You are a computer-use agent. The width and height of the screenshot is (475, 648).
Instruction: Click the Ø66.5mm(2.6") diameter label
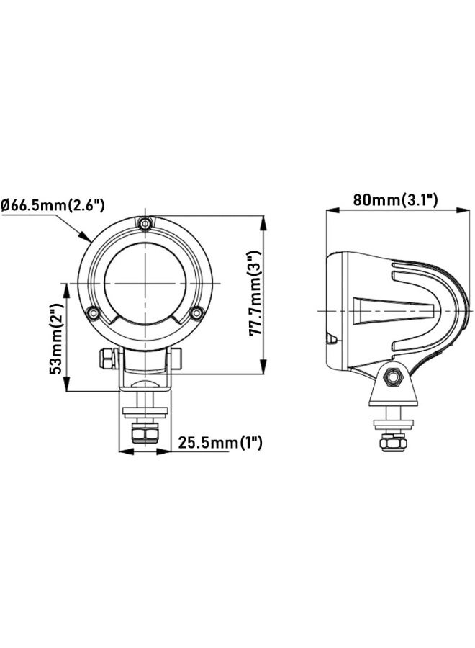(x=53, y=205)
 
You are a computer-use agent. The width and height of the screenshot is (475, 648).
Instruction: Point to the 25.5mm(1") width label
(x=220, y=442)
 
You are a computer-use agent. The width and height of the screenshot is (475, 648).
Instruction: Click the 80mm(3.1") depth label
(x=395, y=199)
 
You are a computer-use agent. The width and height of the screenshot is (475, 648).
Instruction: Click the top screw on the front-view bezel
(x=147, y=225)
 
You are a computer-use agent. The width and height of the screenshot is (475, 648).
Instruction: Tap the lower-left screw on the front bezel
(x=92, y=312)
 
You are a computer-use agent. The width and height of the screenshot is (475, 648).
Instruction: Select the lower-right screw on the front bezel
(x=196, y=312)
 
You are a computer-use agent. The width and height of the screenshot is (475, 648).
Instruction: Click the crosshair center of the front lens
(x=147, y=281)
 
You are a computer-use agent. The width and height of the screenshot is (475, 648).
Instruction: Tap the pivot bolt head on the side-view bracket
(x=393, y=376)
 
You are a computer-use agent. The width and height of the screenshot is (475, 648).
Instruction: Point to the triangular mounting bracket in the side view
(x=393, y=389)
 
